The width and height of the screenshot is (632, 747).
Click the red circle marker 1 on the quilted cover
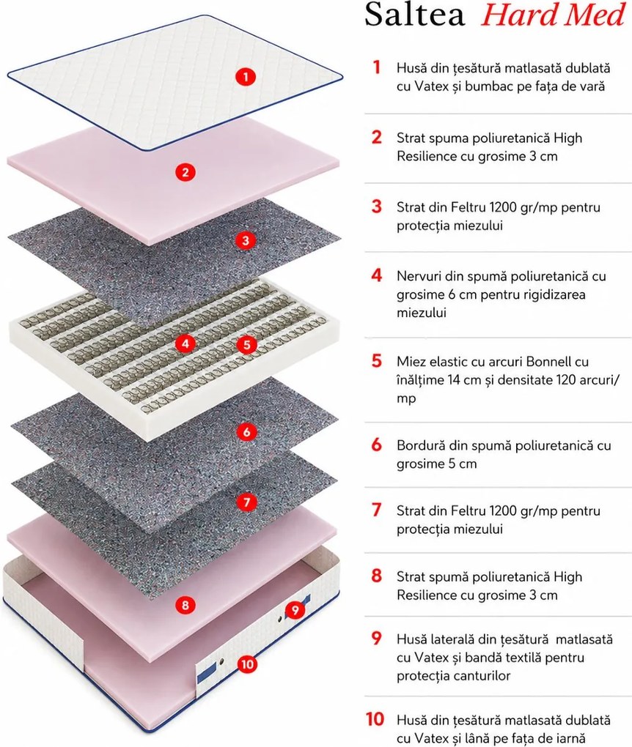coord(246,76)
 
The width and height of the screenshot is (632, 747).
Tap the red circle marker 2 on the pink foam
coord(185,171)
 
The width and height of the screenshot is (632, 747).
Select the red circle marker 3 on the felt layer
coord(246,240)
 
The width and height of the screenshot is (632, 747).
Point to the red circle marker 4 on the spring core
coord(185,343)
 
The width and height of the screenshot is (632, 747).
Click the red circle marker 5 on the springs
coord(246,344)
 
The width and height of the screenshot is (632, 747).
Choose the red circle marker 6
coord(246,432)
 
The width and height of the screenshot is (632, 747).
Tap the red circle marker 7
coord(246,502)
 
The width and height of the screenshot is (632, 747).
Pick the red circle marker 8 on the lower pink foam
coord(185,605)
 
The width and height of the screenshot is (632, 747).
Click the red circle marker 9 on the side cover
coord(295,610)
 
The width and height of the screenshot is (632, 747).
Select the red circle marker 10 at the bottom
coord(247,664)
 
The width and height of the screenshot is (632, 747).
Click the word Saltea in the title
coord(414,15)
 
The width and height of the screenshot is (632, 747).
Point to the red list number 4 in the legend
coord(377,275)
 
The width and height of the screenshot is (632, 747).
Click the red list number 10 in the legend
coord(375,719)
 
